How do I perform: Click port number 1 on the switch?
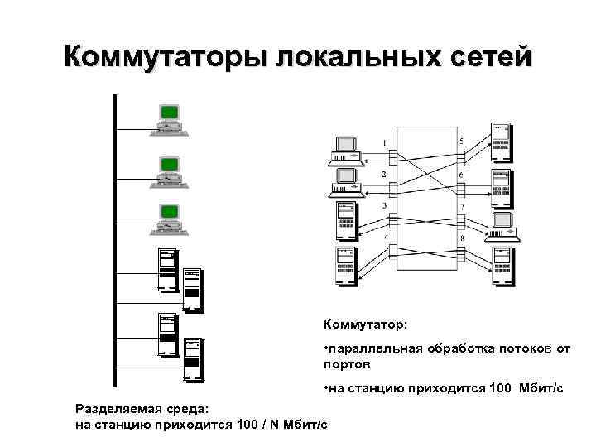[x=383, y=143]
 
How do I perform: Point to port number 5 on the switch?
[x=461, y=142]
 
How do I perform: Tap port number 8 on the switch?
[x=461, y=238]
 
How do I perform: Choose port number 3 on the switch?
[x=383, y=206]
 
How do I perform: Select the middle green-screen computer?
[x=168, y=170]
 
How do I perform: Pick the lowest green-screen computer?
[x=168, y=217]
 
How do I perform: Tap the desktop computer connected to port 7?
[x=503, y=225]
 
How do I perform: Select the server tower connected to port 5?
[x=501, y=141]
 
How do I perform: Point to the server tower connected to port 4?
[x=346, y=265]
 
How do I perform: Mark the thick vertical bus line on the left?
[x=115, y=240]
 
